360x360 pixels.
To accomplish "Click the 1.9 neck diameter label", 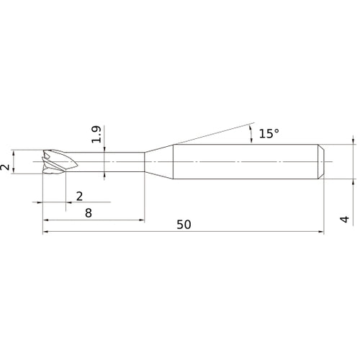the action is coord(96,135).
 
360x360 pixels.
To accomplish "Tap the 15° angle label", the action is coord(269,133).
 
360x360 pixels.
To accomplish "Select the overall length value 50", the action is coord(184,225).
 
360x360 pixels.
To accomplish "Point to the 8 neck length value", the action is coord(89,213).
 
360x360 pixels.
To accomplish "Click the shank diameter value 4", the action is coord(345,219).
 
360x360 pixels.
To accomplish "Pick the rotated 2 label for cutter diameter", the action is coord(5,167).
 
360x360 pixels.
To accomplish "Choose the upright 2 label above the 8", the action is coord(79,197).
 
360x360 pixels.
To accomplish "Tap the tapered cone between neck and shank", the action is coord(158,162).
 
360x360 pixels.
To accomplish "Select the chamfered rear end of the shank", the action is coord(321,162).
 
